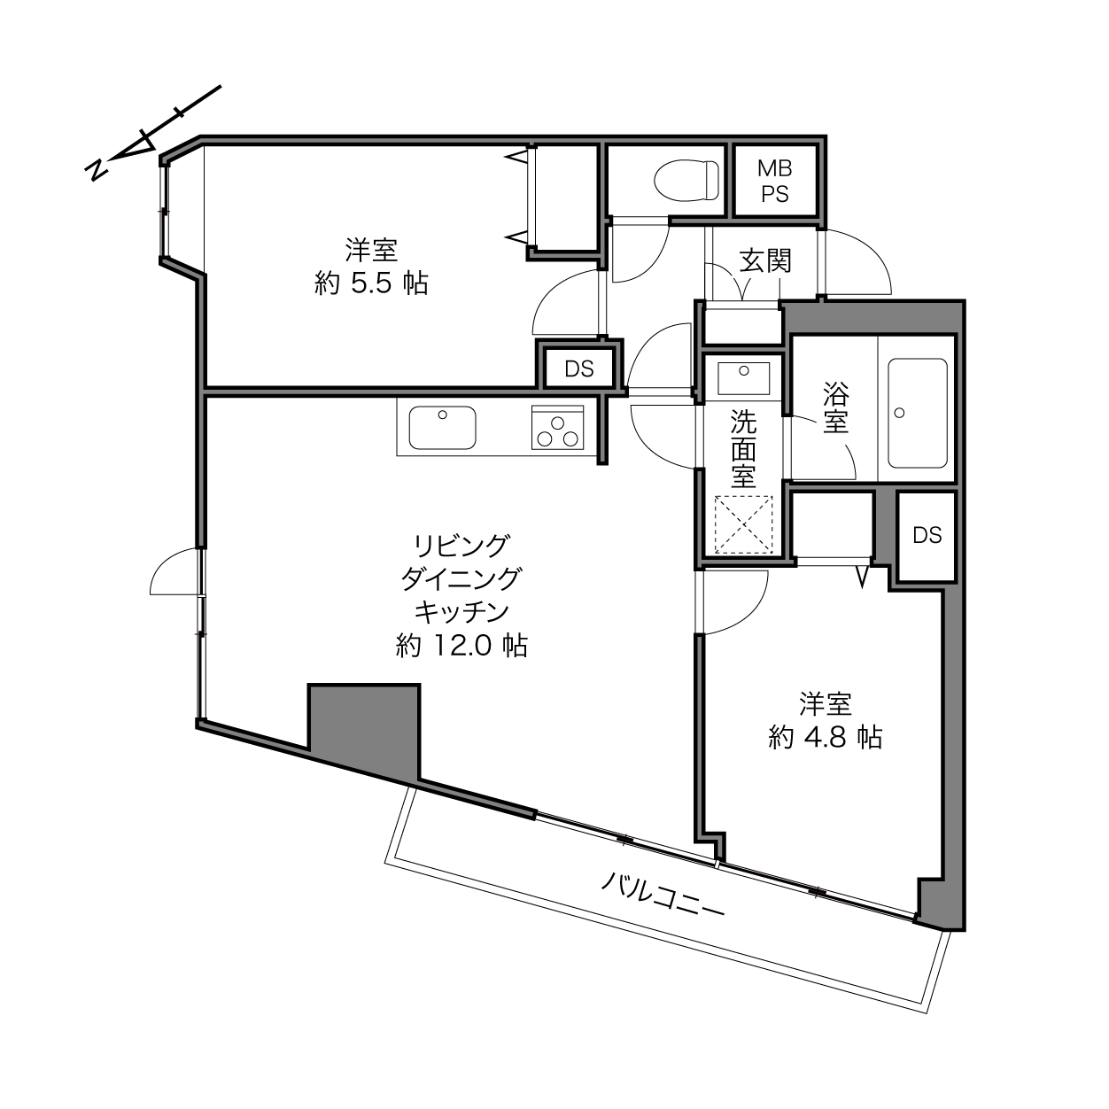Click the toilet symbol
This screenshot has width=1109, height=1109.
click(x=686, y=180)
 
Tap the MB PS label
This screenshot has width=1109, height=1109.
click(x=775, y=182)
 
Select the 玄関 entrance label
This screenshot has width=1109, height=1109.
click(x=765, y=261)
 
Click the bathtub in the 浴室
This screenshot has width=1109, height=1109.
click(x=918, y=413)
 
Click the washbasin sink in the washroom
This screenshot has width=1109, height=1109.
click(x=743, y=379)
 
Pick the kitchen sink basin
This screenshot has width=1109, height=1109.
click(x=442, y=428)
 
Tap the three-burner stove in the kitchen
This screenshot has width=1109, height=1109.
click(x=558, y=428)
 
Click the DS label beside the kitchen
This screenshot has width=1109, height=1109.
click(x=579, y=368)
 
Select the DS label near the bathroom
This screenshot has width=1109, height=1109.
click(x=927, y=536)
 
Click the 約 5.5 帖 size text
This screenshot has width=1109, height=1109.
click(x=371, y=283)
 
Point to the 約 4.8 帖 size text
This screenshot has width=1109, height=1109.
click(x=825, y=737)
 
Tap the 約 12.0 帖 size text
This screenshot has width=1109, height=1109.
click(x=461, y=646)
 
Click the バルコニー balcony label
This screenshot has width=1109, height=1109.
click(x=662, y=896)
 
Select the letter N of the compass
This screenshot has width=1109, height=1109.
click(x=97, y=170)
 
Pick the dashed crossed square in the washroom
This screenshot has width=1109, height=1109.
click(x=743, y=525)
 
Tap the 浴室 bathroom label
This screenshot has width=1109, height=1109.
click(x=835, y=407)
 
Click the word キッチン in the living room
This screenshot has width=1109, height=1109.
click(x=461, y=612)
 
